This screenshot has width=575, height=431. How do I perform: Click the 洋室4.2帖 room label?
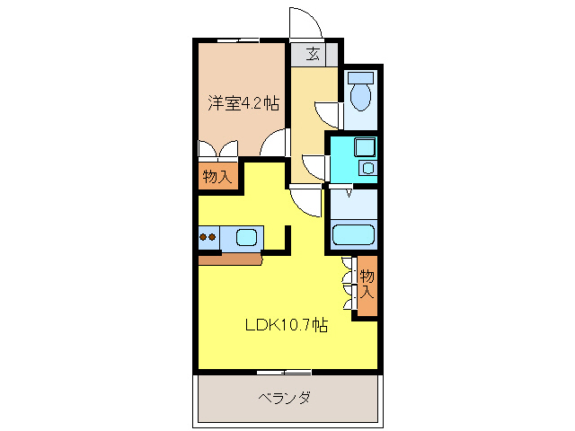tap(244, 103)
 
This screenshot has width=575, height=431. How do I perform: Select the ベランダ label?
tap(285, 398)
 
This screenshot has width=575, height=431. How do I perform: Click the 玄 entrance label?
tap(314, 54)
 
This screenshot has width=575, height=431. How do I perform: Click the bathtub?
tap(353, 235)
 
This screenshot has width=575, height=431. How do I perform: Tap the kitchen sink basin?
tap(246, 238)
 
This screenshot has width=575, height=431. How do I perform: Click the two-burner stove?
tap(208, 238)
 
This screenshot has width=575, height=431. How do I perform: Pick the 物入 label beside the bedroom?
tap(217, 176)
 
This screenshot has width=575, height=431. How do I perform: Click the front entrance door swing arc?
tap(302, 22)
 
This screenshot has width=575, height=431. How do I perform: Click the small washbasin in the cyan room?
tap(367, 167)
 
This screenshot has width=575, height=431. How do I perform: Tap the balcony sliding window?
tap(284, 371)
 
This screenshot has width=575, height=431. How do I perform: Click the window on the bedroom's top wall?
tap(239, 40)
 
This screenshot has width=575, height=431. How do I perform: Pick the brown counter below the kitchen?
tap(230, 259)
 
